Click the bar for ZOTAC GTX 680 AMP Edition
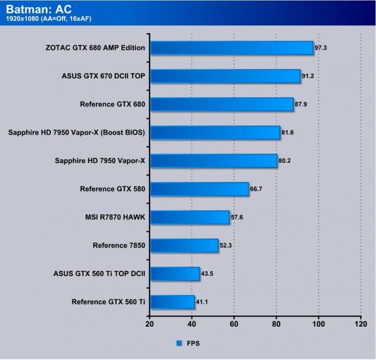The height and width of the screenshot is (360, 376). coord(231,48)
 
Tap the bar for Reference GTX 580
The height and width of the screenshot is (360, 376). coord(199,189)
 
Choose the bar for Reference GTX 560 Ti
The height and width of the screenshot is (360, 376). coord(172,302)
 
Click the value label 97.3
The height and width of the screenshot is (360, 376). coord(321,48)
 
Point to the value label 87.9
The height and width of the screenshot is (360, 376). coord(301,104)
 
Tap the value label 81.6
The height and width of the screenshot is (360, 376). coord(288,133)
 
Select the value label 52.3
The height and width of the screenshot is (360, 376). coord(226,246)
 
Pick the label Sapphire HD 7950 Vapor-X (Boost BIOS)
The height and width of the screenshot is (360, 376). coord(77,133)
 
